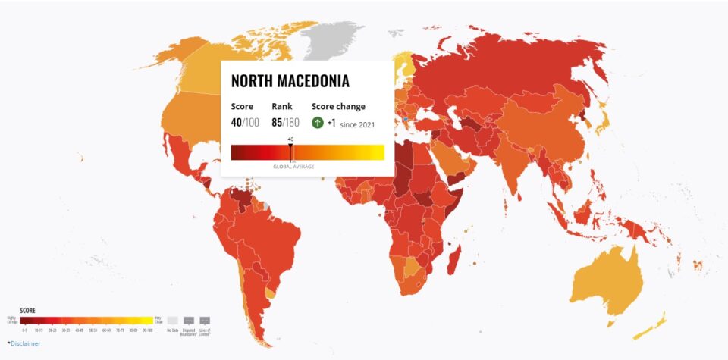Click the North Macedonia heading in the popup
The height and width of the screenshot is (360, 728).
pyautogui.click(x=290, y=81)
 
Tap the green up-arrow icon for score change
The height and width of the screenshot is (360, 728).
pyautogui.click(x=318, y=123)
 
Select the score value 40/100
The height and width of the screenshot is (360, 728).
pyautogui.click(x=244, y=123)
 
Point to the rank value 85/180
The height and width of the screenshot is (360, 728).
pyautogui.click(x=285, y=123)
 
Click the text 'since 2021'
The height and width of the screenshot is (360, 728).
pyautogui.click(x=357, y=124)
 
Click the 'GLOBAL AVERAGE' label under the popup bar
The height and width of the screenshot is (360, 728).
pyautogui.click(x=293, y=166)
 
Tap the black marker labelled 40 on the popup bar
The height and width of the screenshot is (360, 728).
pyautogui.click(x=290, y=143)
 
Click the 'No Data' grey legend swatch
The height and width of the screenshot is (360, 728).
pyautogui.click(x=173, y=321)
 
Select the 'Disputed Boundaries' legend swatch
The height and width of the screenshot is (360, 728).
pyautogui.click(x=189, y=321)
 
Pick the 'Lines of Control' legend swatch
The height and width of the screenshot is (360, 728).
pyautogui.click(x=205, y=321)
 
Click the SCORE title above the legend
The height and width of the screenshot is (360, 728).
pyautogui.click(x=27, y=310)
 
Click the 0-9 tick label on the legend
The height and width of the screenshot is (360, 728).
pyautogui.click(x=25, y=330)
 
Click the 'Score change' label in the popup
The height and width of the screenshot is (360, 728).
pyautogui.click(x=338, y=107)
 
